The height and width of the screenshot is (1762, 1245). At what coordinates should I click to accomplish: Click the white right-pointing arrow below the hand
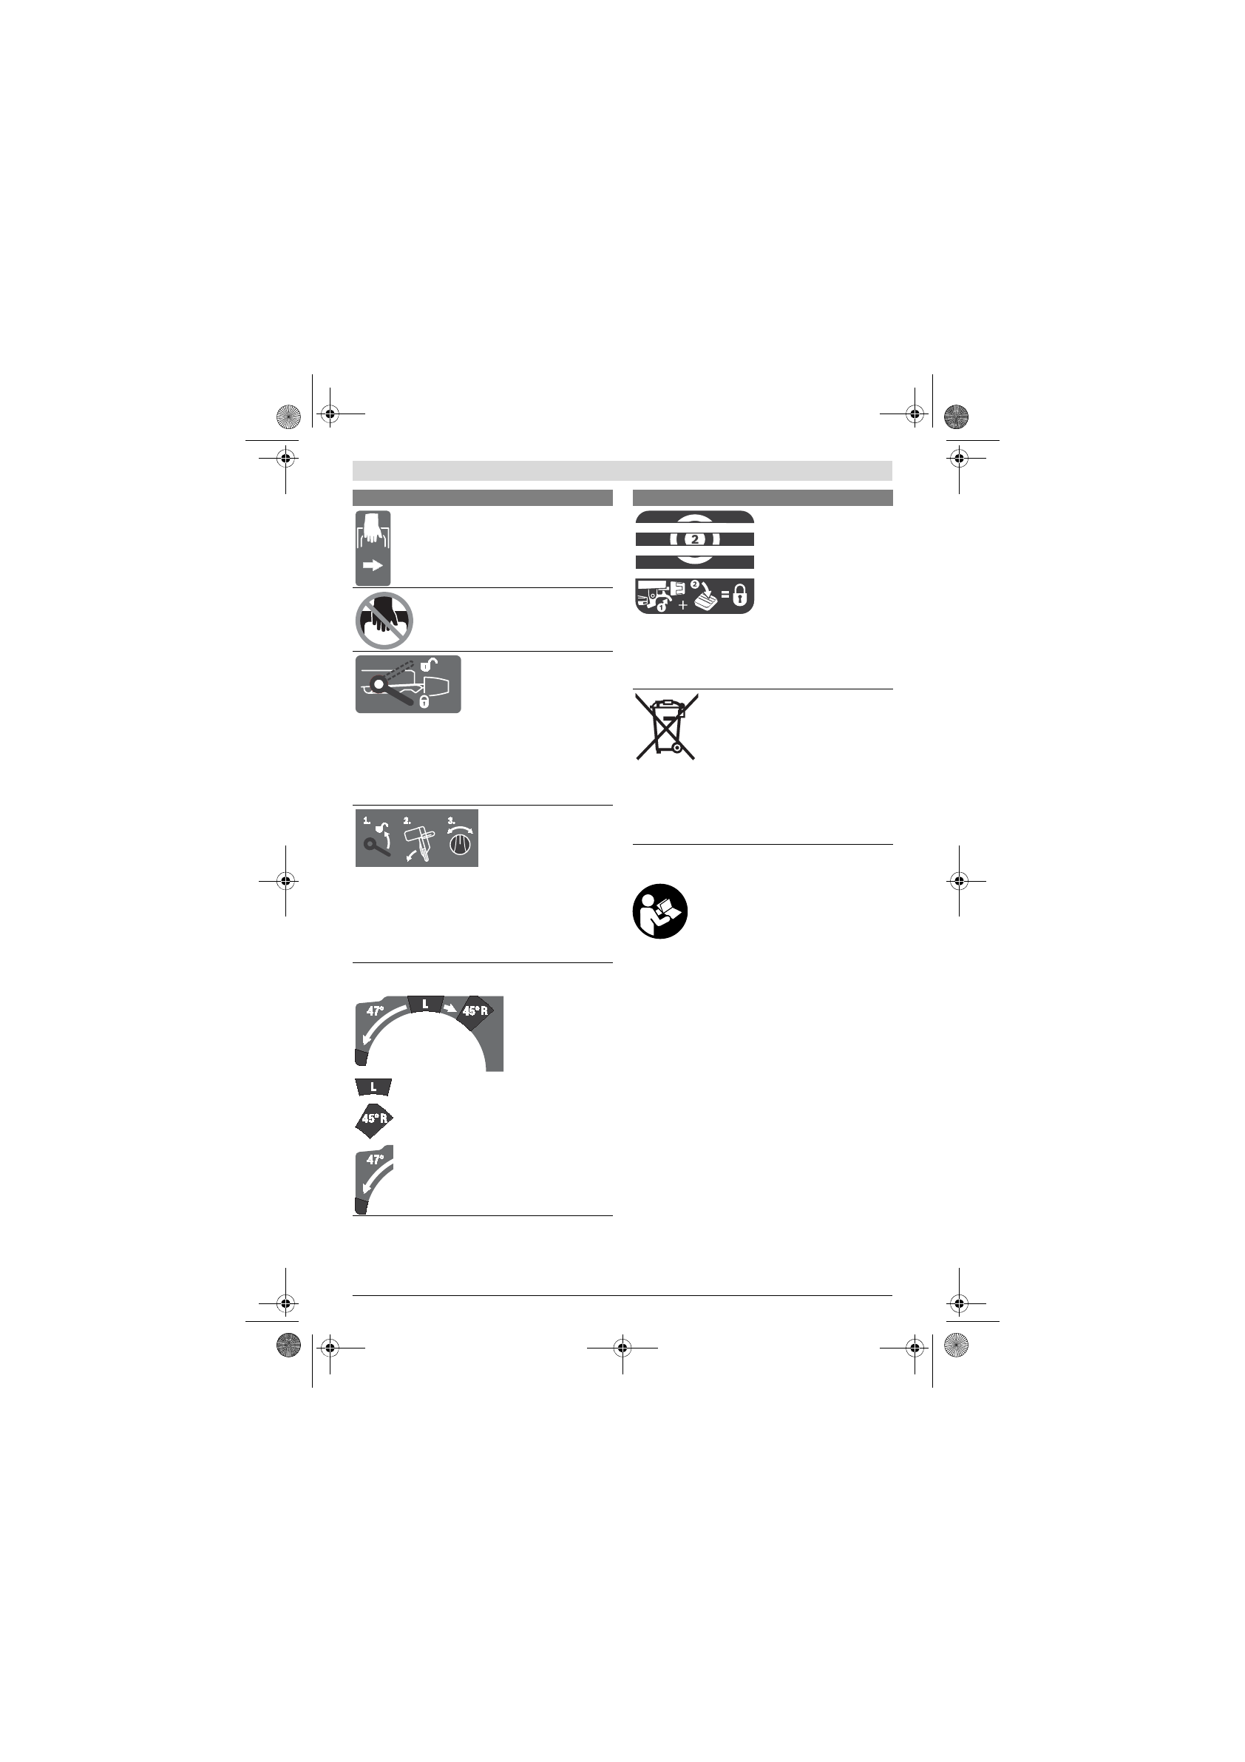coord(373,566)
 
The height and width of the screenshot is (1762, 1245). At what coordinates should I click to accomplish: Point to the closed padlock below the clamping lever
coord(424,701)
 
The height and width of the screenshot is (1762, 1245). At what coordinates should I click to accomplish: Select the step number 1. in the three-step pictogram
coord(367,820)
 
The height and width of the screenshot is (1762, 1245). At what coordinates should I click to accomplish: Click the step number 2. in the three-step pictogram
coord(407,820)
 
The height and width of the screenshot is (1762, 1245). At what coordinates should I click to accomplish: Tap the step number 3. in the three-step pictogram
coord(451,820)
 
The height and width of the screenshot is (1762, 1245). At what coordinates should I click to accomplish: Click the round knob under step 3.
coord(461,845)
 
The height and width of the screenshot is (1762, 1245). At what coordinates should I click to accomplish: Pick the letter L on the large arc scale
coord(425,1004)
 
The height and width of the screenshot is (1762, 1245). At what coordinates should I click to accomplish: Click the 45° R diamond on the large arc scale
coord(474,1010)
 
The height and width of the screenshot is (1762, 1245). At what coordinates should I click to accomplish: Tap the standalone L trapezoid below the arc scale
coord(373,1087)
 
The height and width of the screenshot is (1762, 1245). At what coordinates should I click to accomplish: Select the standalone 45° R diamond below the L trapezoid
coord(373,1119)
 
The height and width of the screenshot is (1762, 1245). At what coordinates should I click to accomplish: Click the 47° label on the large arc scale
coord(374,1011)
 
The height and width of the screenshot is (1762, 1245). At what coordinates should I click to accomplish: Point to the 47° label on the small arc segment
coord(374,1160)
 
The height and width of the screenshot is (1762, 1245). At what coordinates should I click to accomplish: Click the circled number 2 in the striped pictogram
coord(695,539)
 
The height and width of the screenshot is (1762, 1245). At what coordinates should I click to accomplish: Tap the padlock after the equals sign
coord(739,596)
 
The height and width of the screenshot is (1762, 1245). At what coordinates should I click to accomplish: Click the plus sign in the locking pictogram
coord(682,605)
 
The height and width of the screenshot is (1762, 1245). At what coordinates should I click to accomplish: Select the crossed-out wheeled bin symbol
coord(665,726)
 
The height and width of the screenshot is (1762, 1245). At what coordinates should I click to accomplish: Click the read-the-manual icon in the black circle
coord(659,911)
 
